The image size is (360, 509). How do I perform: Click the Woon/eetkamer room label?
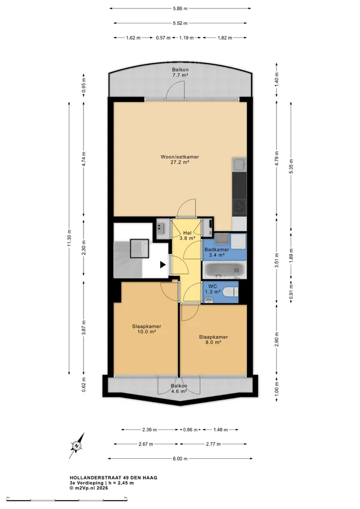pyautogui.click(x=180, y=160)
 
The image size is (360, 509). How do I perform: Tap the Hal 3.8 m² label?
pyautogui.click(x=187, y=235)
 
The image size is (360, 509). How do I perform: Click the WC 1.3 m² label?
pyautogui.click(x=213, y=289)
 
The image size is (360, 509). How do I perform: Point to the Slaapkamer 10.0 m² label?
pyautogui.click(x=146, y=329)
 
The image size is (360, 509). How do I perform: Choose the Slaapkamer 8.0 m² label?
pyautogui.click(x=213, y=339)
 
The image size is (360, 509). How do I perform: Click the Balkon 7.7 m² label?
pyautogui.click(x=180, y=72)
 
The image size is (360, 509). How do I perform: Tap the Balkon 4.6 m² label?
pyautogui.click(x=179, y=389)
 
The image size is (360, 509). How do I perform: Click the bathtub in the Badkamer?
pyautogui.click(x=224, y=270)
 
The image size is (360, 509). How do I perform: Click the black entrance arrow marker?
pyautogui.click(x=163, y=265)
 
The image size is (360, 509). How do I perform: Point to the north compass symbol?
pyautogui.click(x=77, y=445)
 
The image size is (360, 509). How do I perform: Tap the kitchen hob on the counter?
pyautogui.click(x=239, y=207)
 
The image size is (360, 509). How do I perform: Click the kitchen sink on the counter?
pyautogui.click(x=239, y=164)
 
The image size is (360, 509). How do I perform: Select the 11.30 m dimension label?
pyautogui.click(x=69, y=238)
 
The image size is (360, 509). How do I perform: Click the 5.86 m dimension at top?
pyautogui.click(x=180, y=8)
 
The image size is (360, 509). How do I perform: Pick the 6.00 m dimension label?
pyautogui.click(x=180, y=458)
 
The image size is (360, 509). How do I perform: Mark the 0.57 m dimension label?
pyautogui.click(x=163, y=38)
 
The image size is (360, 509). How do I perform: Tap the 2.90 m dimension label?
pyautogui.click(x=276, y=339)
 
